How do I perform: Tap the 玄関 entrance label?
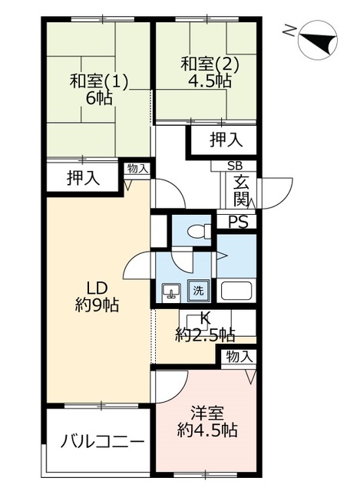pos(241,191)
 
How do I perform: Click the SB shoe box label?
pos(233,166)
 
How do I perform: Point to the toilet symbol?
pos(199,229)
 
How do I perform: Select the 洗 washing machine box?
pos(198,291)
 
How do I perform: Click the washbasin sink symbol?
pos(172,292)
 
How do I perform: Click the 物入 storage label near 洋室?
pos(239,356)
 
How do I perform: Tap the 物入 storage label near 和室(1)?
pos(138,168)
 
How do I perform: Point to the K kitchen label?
pos(205,319)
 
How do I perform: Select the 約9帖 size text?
pos(96,305)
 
